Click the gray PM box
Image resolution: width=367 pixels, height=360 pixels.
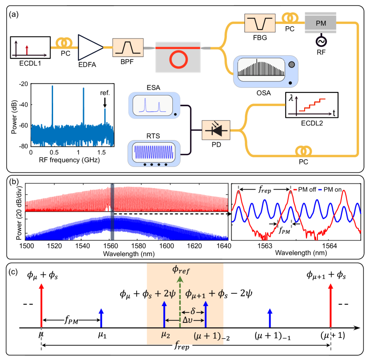[x=321, y=23]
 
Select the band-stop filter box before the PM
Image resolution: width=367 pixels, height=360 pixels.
[x=260, y=23]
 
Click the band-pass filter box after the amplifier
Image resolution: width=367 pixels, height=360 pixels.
[x=128, y=47]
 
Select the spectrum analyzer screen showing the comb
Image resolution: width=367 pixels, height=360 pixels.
[x=260, y=69]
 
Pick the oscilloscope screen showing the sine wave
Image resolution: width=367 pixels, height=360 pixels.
[x=154, y=152]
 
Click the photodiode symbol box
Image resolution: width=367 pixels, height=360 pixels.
[x=216, y=130]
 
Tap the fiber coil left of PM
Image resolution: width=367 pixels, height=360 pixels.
[x=290, y=18]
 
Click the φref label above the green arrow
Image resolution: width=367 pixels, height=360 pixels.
[x=181, y=269]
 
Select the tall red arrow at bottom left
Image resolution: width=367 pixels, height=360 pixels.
[x=41, y=305]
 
